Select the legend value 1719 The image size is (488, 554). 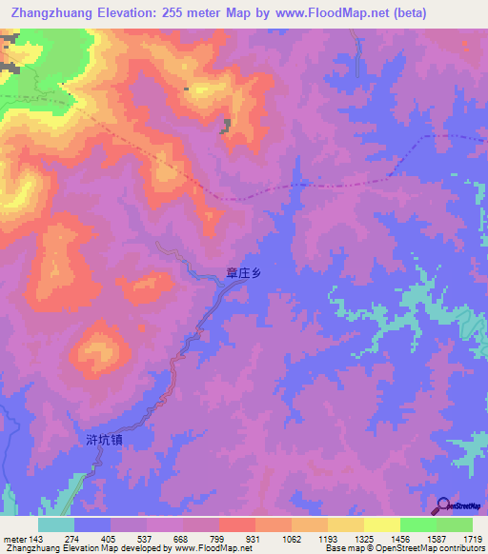pos(473,539)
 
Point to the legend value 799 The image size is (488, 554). pos(219,539)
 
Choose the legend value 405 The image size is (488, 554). pos(107,539)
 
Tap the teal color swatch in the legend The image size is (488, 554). pos(56,524)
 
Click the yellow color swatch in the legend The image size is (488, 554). pos(382,524)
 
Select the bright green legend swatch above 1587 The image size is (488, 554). pos(418,524)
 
